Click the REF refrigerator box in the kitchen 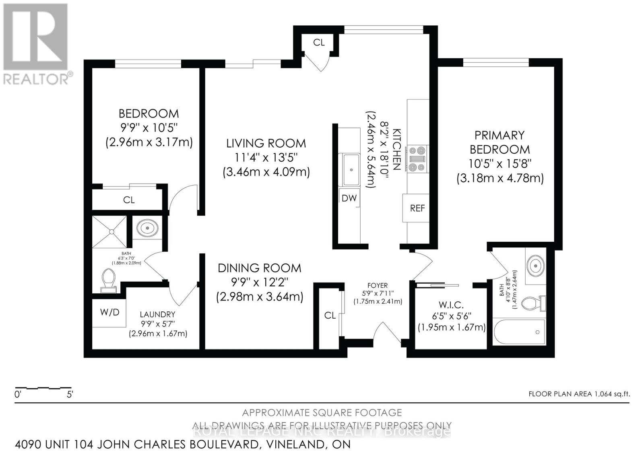coord(417,208)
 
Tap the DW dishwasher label coord(349,198)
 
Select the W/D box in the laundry coord(109,313)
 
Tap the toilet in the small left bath coord(108,280)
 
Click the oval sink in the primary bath coord(535,266)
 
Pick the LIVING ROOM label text coord(266,143)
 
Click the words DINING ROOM coord(259,268)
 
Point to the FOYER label coord(377,285)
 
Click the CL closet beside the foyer coord(330,315)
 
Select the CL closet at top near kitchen coord(319,42)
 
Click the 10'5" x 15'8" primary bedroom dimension coord(500,164)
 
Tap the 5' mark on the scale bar coord(69,394)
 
